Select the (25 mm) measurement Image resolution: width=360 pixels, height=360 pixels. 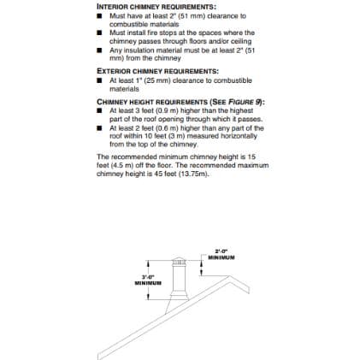(x=143, y=80)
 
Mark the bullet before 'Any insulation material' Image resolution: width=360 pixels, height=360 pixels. (x=100, y=50)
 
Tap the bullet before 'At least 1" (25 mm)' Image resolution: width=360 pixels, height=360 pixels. (x=100, y=80)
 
